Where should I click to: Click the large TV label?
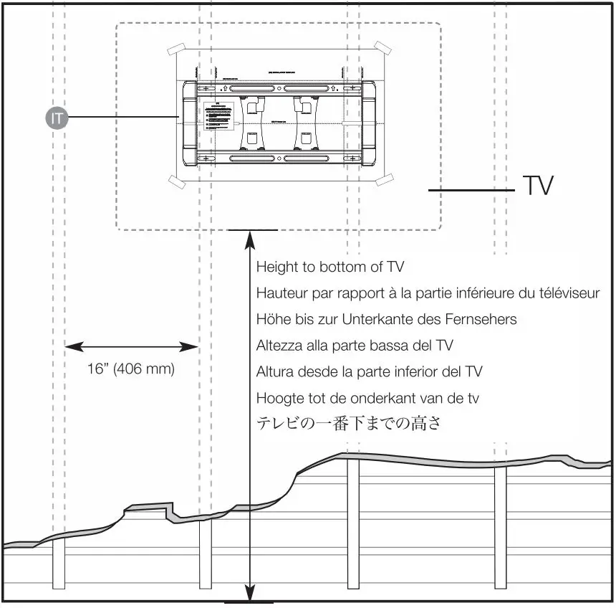click(x=536, y=186)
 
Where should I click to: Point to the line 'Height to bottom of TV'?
click(x=330, y=267)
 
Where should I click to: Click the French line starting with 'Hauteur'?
click(x=428, y=293)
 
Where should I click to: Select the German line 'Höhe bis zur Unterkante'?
click(x=386, y=319)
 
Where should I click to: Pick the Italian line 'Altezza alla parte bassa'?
click(x=355, y=346)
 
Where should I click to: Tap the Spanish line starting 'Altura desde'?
click(x=369, y=371)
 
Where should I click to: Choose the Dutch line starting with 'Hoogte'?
click(x=367, y=397)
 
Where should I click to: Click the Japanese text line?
click(x=348, y=424)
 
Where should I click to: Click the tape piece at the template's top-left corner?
click(x=176, y=50)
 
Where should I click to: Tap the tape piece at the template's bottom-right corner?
click(x=386, y=180)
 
